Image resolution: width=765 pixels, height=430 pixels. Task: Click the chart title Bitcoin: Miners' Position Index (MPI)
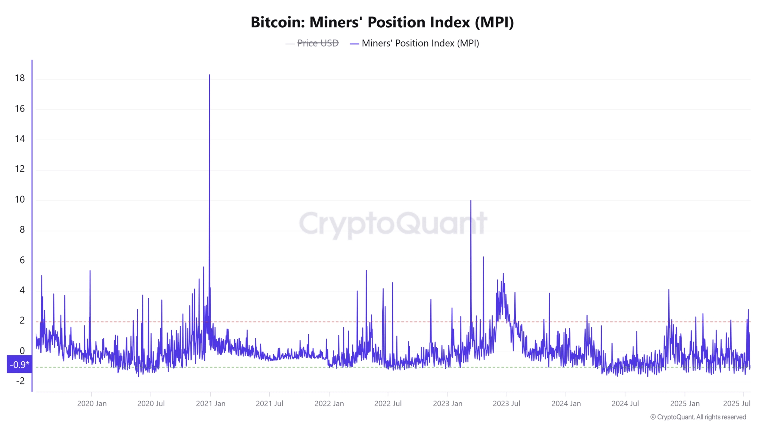coord(382,22)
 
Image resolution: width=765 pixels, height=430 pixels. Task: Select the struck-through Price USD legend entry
coord(318,43)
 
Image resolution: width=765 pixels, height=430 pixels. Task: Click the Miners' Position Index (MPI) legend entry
coord(420,43)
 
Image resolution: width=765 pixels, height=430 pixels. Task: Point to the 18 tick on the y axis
coord(20,78)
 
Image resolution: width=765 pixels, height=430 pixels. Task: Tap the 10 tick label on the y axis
coord(20,199)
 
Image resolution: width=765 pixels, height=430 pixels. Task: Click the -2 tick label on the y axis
coord(21,381)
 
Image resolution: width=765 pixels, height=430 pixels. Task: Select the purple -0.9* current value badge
coord(19,365)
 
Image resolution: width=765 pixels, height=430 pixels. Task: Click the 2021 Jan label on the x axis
coord(211,403)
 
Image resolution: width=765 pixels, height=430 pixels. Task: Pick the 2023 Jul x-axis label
coord(506,403)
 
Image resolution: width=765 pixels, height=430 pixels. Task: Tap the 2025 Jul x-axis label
coord(737,403)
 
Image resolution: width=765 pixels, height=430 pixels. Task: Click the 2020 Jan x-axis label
coord(92,403)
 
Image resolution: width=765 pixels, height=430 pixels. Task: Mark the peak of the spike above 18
coord(210,75)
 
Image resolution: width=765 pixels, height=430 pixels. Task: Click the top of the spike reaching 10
coord(471,201)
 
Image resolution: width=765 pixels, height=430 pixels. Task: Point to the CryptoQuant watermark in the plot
coord(393,223)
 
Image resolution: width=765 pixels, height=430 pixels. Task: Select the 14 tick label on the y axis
coord(20,139)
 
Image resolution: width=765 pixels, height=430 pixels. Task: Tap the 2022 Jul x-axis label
coord(388,403)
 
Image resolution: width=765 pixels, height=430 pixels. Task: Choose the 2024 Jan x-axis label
coord(566,403)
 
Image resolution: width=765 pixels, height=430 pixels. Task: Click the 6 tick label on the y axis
coord(22,260)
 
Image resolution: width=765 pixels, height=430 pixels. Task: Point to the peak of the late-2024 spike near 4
coord(669,290)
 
